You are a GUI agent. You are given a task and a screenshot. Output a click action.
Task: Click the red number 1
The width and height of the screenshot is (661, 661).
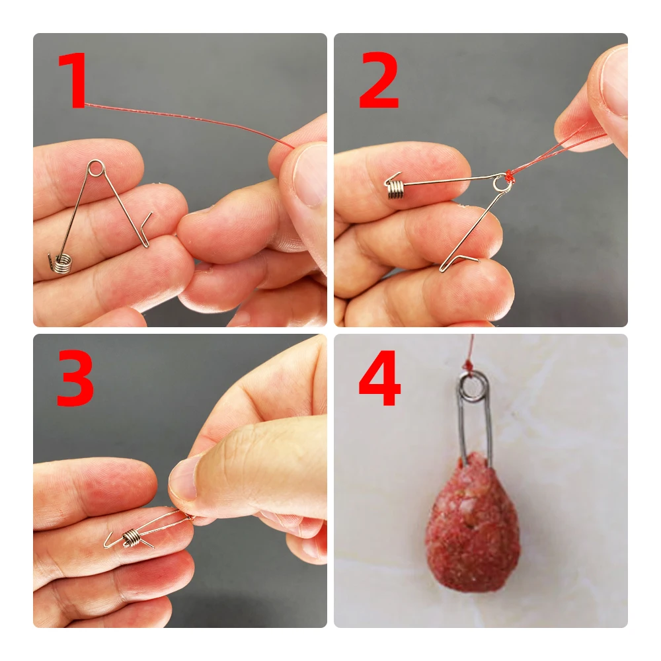73,81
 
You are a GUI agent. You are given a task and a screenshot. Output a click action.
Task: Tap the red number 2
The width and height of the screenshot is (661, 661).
379,81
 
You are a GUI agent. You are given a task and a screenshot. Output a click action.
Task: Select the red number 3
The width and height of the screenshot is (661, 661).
75,378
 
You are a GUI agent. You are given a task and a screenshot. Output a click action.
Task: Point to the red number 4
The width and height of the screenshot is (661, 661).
379,378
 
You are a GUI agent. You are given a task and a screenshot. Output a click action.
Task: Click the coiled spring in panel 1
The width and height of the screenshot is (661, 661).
62,262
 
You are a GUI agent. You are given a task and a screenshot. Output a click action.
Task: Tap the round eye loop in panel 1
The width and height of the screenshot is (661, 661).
96,168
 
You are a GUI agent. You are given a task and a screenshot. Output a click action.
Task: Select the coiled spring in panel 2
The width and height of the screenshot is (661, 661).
395,190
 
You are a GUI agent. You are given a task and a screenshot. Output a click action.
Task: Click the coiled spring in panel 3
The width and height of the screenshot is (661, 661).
131,537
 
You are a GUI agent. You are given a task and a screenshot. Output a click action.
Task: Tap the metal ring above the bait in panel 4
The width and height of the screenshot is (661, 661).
474,388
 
